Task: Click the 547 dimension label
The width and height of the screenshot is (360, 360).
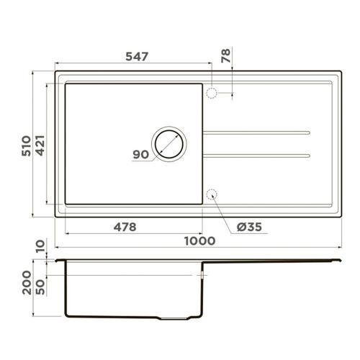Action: tap(137, 57)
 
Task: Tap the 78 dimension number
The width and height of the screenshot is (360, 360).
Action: tap(226, 55)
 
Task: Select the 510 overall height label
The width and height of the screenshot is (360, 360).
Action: tap(27, 146)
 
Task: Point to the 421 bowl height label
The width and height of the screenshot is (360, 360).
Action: tap(40, 145)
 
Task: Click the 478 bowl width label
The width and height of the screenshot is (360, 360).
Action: tap(125, 227)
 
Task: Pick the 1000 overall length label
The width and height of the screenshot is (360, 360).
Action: tap(199, 241)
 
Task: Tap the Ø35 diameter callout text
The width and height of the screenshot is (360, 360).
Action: tap(249, 227)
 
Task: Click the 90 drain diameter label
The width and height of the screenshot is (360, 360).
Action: tap(141, 154)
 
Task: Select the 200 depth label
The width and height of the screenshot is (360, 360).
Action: tap(27, 283)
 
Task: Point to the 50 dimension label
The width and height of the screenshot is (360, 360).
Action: tap(40, 287)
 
